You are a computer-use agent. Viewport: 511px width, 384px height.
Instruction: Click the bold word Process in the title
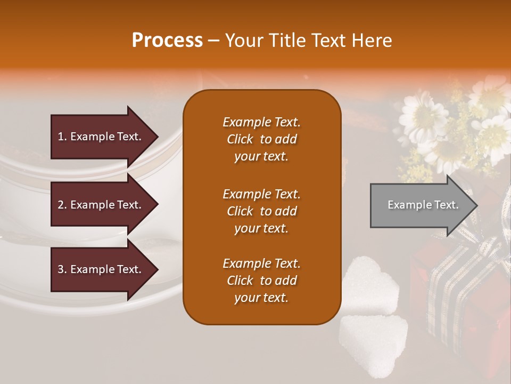pos(167,41)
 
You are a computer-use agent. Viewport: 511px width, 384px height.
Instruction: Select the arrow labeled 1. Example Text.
pos(101,137)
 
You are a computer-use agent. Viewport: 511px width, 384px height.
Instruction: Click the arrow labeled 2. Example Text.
pos(101,205)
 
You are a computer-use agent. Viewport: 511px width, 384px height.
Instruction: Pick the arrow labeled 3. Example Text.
pos(101,269)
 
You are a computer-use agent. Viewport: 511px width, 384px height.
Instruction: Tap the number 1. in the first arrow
pos(62,137)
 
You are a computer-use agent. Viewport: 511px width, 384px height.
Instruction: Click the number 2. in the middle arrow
pos(62,205)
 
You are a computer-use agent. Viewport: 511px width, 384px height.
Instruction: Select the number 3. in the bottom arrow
pos(62,269)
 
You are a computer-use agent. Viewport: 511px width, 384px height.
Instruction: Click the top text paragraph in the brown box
pos(261,139)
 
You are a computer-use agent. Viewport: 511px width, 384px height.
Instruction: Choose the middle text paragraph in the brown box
pos(261,211)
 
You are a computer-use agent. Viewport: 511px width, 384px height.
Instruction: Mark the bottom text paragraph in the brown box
pos(261,281)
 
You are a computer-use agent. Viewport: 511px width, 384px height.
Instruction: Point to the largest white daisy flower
pos(423,115)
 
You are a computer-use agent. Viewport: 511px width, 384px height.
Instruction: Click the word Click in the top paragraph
pos(240,139)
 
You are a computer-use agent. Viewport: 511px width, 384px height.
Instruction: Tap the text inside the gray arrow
pos(423,205)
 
